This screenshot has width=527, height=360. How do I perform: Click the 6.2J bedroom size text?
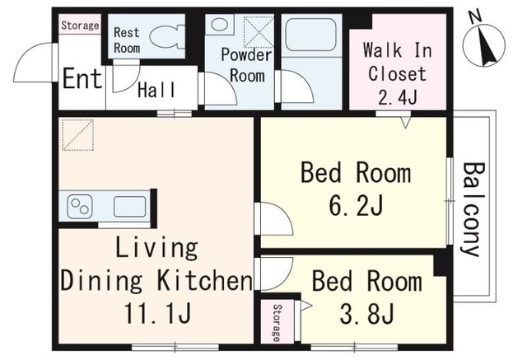tap(355, 204)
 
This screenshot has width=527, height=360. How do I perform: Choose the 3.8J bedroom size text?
tap(366, 314)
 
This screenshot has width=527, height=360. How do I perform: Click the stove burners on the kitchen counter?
tap(81, 205)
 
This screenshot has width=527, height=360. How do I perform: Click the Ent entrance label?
tap(82, 81)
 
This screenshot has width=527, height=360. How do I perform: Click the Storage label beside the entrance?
tap(80, 26)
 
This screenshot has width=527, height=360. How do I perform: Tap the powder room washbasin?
tap(221, 24)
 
